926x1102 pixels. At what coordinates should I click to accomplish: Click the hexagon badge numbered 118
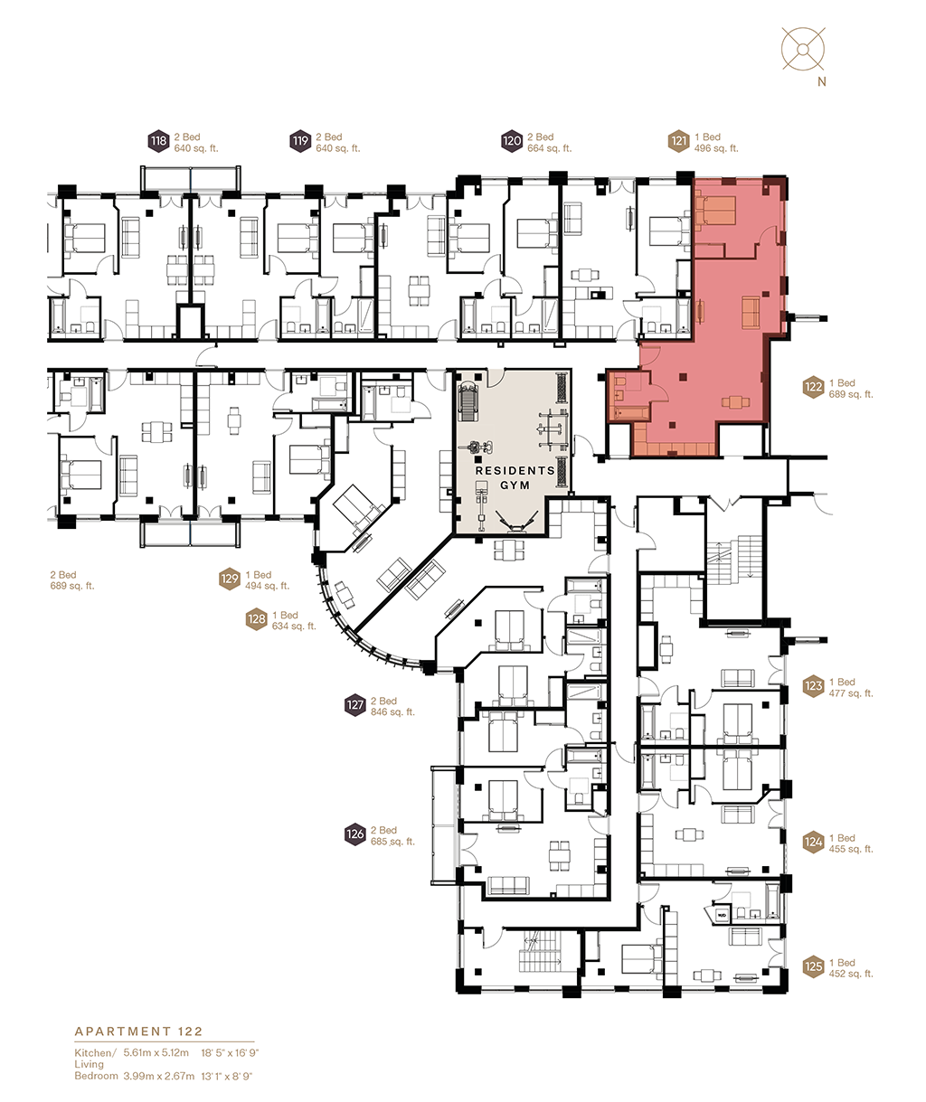pos(159,141)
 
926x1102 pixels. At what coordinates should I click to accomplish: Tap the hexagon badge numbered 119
pos(300,141)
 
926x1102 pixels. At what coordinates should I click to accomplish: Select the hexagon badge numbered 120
pos(512,141)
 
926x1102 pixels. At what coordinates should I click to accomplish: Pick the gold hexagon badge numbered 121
pos(679,141)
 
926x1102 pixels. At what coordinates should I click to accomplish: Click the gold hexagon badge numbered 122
pos(813,388)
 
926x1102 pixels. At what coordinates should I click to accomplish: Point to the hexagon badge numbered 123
pos(813,687)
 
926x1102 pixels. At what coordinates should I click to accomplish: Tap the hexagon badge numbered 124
pos(813,843)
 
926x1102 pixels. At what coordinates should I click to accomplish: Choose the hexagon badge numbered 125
pos(813,967)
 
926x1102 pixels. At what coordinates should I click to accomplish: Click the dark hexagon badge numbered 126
pos(354,834)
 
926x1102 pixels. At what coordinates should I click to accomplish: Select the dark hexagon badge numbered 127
pos(354,705)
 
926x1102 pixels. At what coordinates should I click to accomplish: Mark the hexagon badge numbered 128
pos(257,620)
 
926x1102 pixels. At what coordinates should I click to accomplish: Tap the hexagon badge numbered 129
pos(230,579)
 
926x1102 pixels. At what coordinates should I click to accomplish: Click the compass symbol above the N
pos(804,48)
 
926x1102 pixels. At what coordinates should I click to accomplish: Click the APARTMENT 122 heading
pos(138,1031)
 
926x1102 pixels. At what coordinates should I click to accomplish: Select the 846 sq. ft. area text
pos(392,712)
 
